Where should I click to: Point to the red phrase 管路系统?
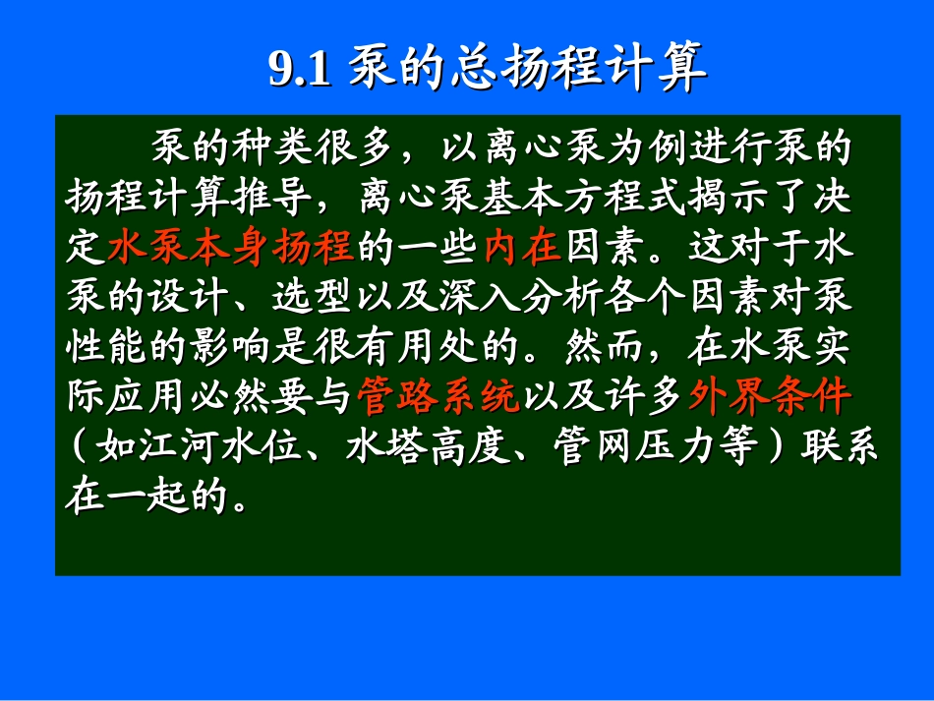pos(437,396)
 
